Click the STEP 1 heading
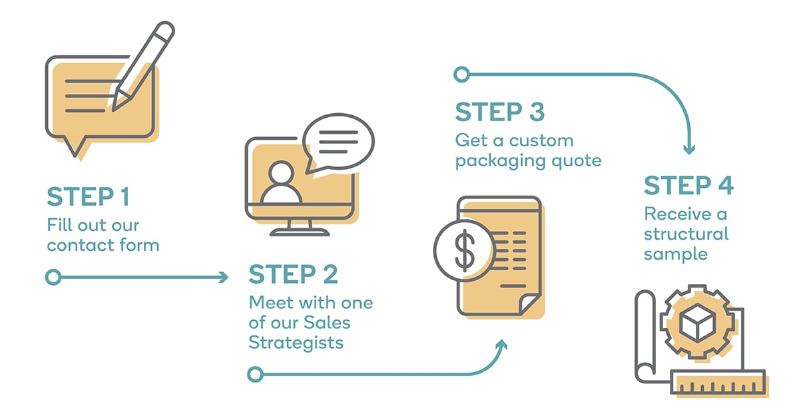[88, 196]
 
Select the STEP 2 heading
[293, 274]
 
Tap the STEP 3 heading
[500, 112]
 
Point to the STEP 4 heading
[688, 186]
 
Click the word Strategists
[296, 343]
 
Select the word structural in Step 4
[686, 234]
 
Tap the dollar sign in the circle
[465, 250]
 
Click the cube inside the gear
[697, 322]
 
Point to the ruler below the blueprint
[718, 382]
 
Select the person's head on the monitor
[281, 173]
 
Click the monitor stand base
[300, 232]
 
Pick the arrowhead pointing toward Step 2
[224, 277]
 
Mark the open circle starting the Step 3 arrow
[462, 75]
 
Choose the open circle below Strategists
[256, 374]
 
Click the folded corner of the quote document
[528, 303]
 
